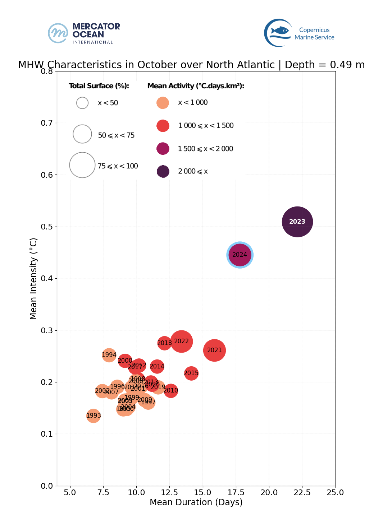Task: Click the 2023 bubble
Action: coord(297,222)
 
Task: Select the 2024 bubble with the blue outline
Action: coord(240,255)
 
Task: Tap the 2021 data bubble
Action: coord(214,350)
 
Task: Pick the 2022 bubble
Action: coord(181,341)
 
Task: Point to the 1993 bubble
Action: coord(94,415)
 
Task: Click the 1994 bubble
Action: coord(109,355)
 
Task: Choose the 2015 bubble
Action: coord(191,373)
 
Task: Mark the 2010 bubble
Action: coord(171,390)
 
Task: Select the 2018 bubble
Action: coord(164,343)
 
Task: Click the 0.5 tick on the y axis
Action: coord(47,227)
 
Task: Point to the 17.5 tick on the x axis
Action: coord(236,492)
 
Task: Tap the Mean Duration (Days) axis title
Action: coord(196,502)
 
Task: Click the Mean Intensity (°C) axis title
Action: coord(33,278)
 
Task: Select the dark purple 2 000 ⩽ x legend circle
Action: coord(163,171)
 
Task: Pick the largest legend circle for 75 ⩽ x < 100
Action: coord(82,165)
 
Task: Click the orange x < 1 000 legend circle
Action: coord(163,103)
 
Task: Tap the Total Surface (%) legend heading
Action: coord(99,86)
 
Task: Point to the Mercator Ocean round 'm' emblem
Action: coord(58,33)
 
